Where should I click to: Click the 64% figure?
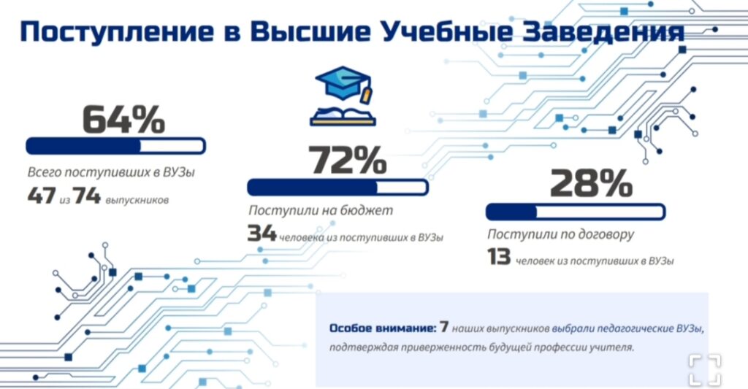coord(123,119)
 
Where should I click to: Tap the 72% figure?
coord(347,160)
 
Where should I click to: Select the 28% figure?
coord(591,183)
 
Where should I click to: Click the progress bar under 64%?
coord(115,146)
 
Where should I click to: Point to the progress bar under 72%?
coord(337,188)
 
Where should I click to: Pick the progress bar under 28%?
coord(576,212)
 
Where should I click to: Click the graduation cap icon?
coord(344,83)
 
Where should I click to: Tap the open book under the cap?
coord(343,117)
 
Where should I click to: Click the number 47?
coord(42,196)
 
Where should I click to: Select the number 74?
coord(87,196)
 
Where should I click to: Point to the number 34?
coord(262,233)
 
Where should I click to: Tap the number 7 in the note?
coord(444,327)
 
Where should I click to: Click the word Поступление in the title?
coord(117,32)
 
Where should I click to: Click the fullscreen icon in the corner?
coord(705,370)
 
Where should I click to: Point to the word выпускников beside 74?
coord(137,200)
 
